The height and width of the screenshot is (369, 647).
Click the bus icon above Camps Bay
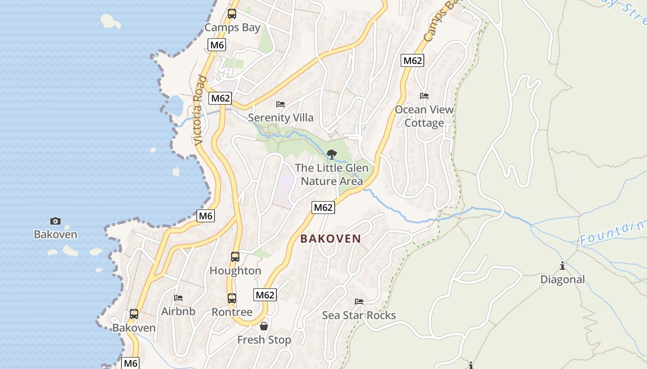click(232, 14)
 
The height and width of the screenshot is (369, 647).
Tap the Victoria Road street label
click(198, 111)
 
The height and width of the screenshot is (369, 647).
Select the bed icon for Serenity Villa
click(281, 104)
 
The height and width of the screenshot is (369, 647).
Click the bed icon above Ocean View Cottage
click(424, 96)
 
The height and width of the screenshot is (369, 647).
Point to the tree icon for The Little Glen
click(331, 155)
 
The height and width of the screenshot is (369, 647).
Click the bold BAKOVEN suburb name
click(330, 238)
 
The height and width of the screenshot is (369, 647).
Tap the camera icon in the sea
click(55, 221)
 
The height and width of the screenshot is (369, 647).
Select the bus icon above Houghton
click(235, 257)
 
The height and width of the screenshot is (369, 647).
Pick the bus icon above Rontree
click(232, 298)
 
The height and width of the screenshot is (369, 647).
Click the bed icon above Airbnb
click(178, 298)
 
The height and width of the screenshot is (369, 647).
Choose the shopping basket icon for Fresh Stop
click(264, 326)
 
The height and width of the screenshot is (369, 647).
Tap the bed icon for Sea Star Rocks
click(359, 302)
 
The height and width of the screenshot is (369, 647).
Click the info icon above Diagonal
click(562, 266)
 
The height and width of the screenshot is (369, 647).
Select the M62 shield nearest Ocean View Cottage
click(412, 60)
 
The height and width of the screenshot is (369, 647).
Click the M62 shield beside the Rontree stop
click(265, 295)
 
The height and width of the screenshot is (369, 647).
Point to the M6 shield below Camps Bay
click(217, 45)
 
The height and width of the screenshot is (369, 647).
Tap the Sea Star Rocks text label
click(359, 315)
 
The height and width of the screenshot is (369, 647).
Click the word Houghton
click(235, 271)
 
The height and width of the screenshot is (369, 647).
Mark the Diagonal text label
click(562, 280)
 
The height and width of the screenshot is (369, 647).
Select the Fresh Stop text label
click(264, 340)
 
